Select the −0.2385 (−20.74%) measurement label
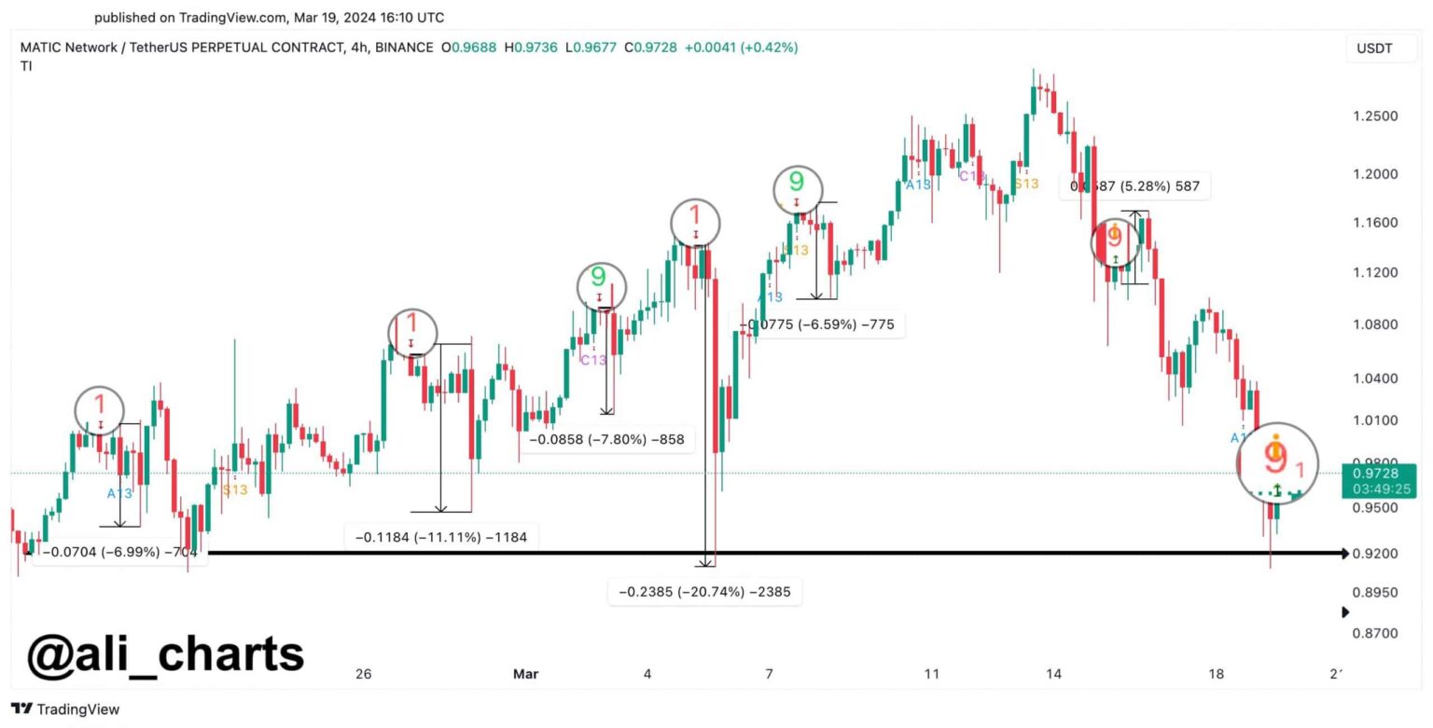click(x=704, y=591)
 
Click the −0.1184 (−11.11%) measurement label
click(x=440, y=537)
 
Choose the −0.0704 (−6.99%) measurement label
click(x=119, y=552)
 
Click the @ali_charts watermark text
click(x=165, y=654)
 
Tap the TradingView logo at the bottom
click(x=65, y=709)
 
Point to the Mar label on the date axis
click(x=525, y=674)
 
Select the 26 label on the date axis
click(x=364, y=674)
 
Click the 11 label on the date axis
click(x=931, y=674)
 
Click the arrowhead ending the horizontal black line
click(x=1343, y=554)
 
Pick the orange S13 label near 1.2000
click(x=1025, y=184)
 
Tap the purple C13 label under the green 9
click(x=593, y=360)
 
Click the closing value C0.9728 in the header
click(x=650, y=48)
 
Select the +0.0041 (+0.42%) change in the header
click(x=741, y=48)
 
